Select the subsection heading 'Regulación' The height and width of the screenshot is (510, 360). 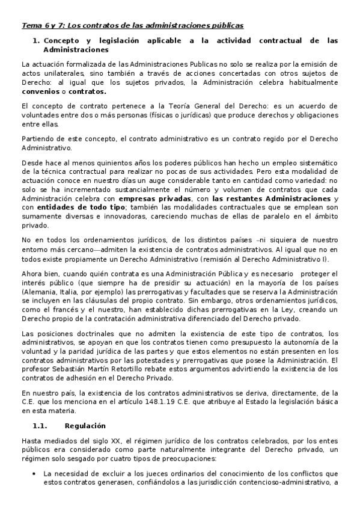[x=85, y=426]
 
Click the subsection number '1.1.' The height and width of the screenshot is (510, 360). [x=41, y=426]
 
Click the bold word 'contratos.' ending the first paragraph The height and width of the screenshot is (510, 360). [x=87, y=92]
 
